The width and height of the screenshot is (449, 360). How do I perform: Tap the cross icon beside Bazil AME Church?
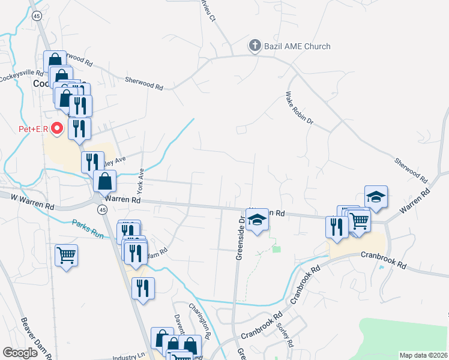255,46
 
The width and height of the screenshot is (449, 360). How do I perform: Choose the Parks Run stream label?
88,229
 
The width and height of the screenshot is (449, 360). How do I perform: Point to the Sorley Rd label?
285,335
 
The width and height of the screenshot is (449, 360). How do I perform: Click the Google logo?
20,352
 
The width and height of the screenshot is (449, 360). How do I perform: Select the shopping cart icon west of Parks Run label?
66,254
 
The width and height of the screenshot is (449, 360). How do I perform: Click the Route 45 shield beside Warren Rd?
103,209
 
